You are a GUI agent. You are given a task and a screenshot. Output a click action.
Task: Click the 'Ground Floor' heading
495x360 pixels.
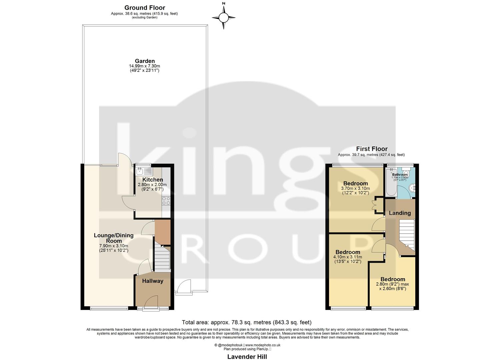point(145,8)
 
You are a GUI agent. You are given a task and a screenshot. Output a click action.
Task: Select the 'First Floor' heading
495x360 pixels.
point(372,149)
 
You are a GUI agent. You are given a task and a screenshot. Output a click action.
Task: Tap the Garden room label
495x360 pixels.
point(145,61)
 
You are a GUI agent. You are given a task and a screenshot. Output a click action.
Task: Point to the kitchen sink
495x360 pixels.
point(144,172)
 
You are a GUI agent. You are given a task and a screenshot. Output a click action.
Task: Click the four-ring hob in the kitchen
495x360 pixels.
point(166,201)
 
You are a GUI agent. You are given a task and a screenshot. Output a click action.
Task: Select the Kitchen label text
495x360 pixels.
point(153,180)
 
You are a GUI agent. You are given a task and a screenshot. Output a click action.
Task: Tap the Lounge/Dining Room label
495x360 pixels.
point(114,238)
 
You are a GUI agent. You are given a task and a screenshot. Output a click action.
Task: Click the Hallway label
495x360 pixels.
point(153,281)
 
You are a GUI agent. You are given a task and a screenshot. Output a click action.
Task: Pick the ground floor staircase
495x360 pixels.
point(162,259)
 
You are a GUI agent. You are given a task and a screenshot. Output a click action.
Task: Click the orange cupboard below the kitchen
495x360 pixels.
point(162,232)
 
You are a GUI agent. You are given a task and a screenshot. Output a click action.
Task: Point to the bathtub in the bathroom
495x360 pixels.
point(389,182)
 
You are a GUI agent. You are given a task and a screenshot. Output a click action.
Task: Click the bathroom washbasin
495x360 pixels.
point(412,188)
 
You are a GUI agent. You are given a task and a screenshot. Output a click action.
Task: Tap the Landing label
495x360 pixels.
point(400,213)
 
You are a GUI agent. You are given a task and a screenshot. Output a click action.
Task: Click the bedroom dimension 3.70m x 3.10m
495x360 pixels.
point(355,189)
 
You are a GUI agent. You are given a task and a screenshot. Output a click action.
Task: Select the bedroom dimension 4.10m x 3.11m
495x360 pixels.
point(347,257)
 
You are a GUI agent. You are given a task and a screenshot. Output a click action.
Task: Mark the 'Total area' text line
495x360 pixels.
point(247,322)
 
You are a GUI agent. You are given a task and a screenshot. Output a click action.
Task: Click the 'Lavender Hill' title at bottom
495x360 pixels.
point(247,356)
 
